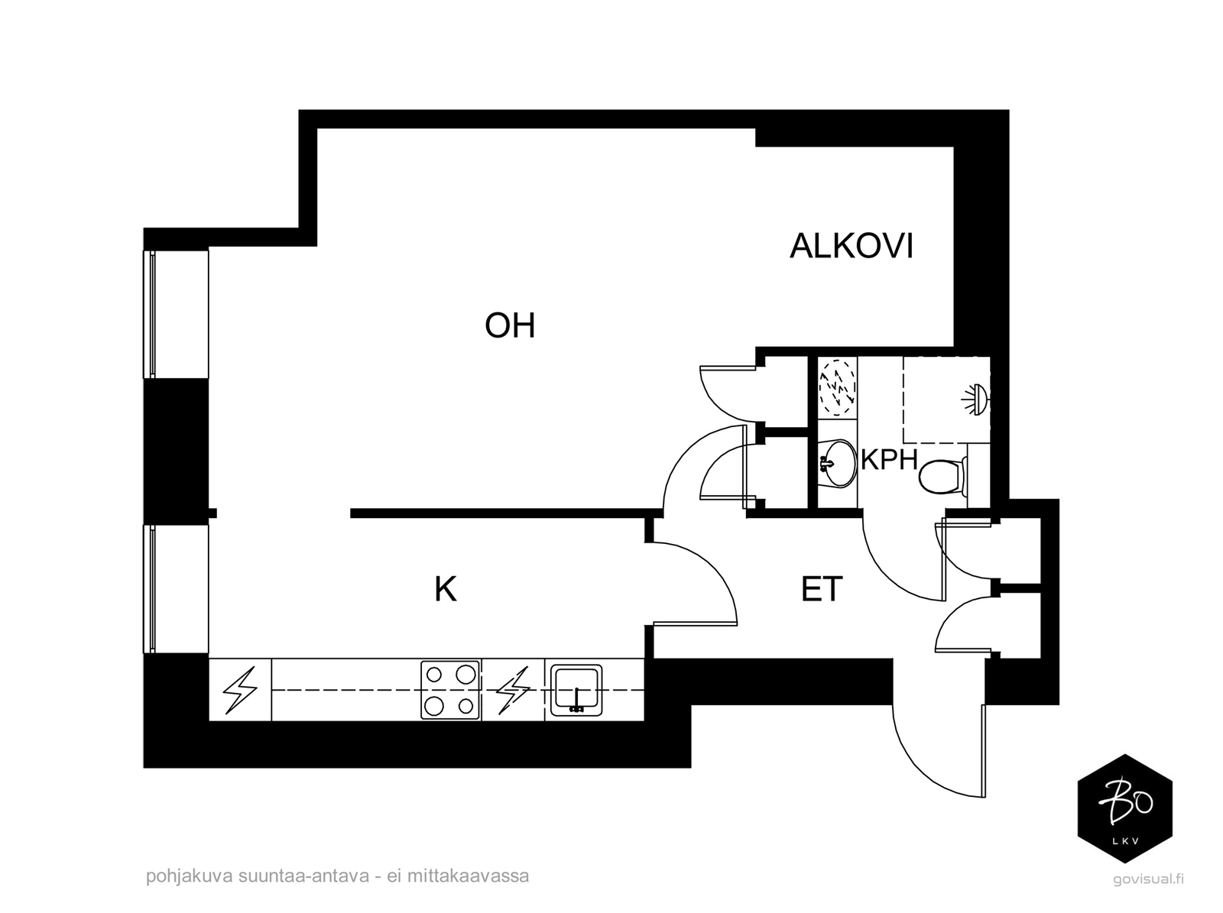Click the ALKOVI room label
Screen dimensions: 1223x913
click(851, 246)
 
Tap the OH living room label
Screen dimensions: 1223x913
click(510, 325)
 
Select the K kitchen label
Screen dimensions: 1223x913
click(445, 589)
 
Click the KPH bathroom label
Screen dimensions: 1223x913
click(889, 460)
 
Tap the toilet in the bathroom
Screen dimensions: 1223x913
click(942, 477)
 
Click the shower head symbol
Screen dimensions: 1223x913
click(975, 399)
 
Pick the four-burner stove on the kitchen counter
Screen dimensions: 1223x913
click(450, 690)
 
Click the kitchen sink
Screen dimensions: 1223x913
click(576, 691)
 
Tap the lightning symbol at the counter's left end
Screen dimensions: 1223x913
click(240, 690)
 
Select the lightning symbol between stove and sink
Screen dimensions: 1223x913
click(513, 691)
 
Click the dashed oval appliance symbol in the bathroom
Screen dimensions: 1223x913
click(837, 387)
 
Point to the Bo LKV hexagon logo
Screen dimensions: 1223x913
click(1125, 808)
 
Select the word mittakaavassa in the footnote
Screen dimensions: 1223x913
click(468, 876)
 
